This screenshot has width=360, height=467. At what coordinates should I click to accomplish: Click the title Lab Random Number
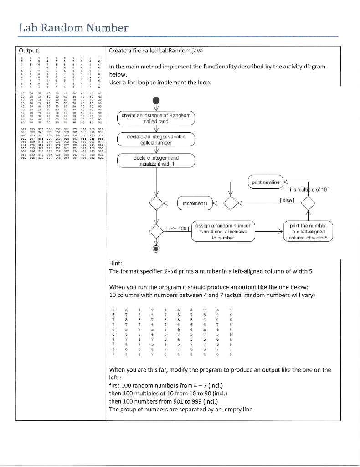[x=73, y=28]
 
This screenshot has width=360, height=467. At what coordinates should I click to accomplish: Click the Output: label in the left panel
[x=29, y=50]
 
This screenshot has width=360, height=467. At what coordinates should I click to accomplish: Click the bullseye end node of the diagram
[x=156, y=249]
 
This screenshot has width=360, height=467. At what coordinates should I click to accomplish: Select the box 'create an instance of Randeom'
[x=156, y=119]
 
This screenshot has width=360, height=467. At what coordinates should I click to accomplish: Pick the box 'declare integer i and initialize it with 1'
[x=156, y=161]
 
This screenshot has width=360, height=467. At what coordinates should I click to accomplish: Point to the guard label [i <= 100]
[x=175, y=228]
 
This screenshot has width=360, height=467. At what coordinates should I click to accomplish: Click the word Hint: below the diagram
[x=117, y=263]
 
